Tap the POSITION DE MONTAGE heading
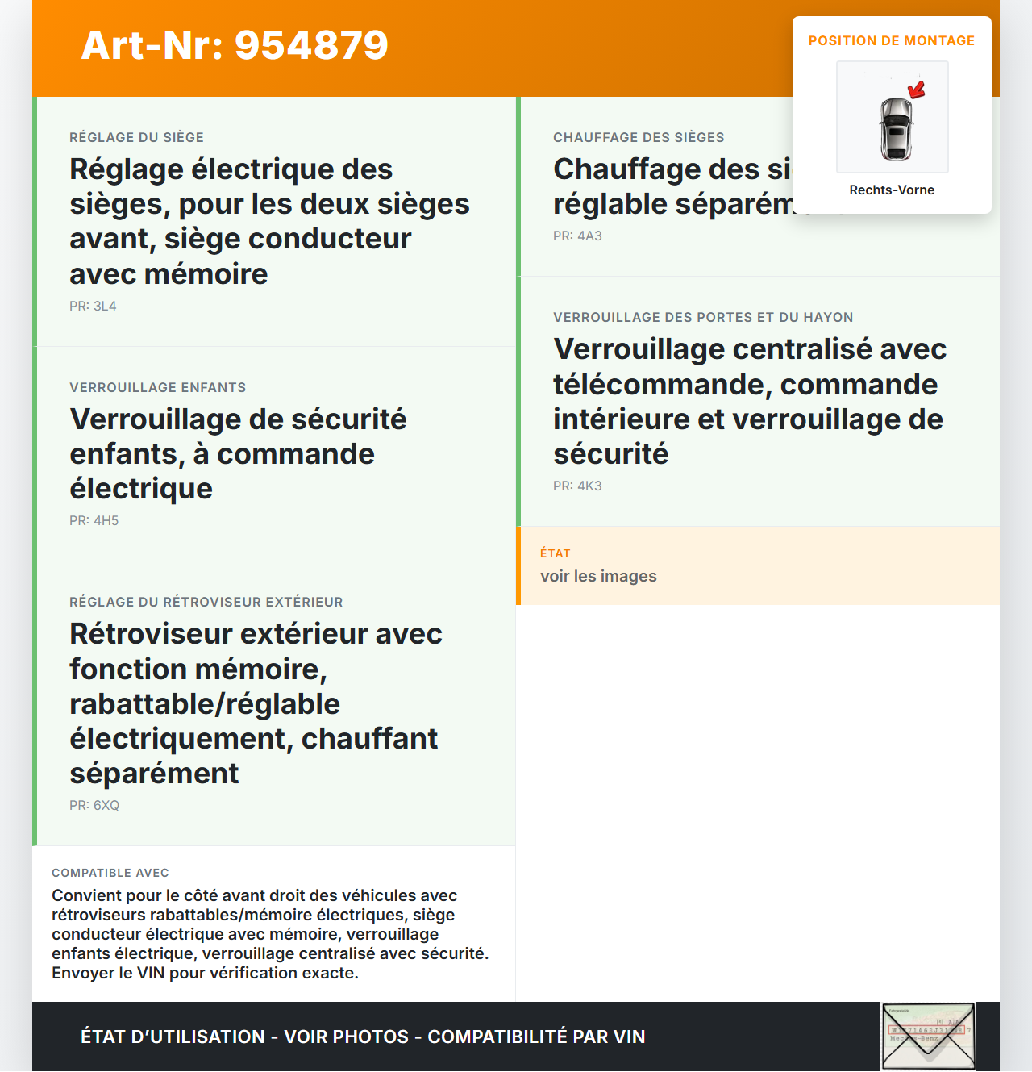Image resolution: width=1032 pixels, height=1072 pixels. tap(891, 40)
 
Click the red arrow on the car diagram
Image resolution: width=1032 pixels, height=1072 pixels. tap(917, 89)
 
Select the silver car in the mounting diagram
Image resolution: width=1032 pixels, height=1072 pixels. tap(895, 128)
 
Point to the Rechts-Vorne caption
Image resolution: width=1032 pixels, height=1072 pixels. tap(892, 190)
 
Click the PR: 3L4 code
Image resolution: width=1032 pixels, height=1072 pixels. tap(93, 307)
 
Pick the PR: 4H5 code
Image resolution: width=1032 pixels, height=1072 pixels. tap(94, 521)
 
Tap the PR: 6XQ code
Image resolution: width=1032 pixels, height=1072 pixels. tap(94, 806)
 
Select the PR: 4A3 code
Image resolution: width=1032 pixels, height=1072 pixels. tap(577, 236)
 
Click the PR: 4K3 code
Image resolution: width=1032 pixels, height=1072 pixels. tap(577, 486)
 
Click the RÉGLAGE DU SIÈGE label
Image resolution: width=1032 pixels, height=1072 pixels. tap(136, 138)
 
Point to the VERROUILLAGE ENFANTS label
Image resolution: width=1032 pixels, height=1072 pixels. tap(157, 388)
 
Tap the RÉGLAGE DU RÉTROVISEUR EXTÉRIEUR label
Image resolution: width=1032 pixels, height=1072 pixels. tap(206, 603)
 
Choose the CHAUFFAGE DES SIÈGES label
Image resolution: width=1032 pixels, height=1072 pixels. tap(639, 138)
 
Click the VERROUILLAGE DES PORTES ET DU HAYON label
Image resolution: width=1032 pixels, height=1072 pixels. tap(703, 318)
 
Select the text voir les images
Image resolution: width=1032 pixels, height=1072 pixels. tap(598, 577)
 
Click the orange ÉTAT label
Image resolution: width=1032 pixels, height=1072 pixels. tap(555, 553)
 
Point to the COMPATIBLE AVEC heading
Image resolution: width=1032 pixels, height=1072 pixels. tap(110, 873)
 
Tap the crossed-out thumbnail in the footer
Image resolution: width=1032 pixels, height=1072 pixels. tap(928, 1037)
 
